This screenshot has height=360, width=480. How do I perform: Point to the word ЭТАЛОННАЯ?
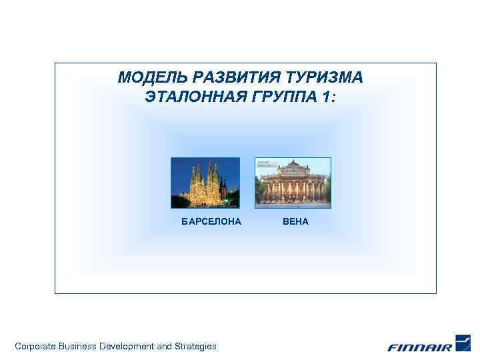point(195,97)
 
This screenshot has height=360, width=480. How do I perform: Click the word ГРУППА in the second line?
point(283,97)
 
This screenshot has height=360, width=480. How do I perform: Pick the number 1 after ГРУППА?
point(325,97)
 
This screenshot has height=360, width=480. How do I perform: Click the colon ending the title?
point(334,99)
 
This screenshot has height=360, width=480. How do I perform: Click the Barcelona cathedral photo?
point(205,183)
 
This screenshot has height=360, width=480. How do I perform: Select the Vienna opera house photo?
point(293,183)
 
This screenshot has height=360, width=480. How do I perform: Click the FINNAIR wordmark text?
point(420,347)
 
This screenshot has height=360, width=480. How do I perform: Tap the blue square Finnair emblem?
point(463,342)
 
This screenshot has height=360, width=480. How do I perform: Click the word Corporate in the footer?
point(35,346)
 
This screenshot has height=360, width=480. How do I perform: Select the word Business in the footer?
point(78,346)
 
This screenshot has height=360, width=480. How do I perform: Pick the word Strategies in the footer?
point(195,346)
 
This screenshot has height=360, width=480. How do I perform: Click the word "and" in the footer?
point(164,346)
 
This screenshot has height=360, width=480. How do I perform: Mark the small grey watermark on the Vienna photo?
point(267,163)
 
